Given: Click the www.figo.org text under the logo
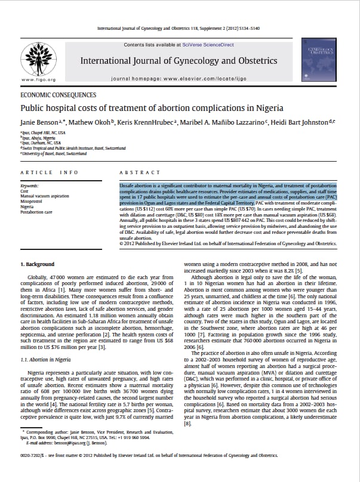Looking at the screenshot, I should pos(38,79).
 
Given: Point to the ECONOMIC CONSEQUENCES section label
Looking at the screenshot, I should pos(59,95).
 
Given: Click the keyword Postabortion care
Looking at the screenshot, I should pos(36,212).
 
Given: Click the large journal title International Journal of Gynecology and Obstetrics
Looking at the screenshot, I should pos(179,61).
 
